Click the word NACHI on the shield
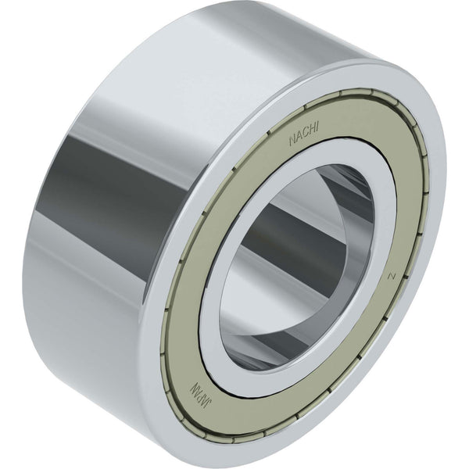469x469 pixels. [x=304, y=133]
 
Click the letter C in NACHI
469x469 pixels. [x=305, y=133]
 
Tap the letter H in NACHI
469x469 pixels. [x=311, y=129]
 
